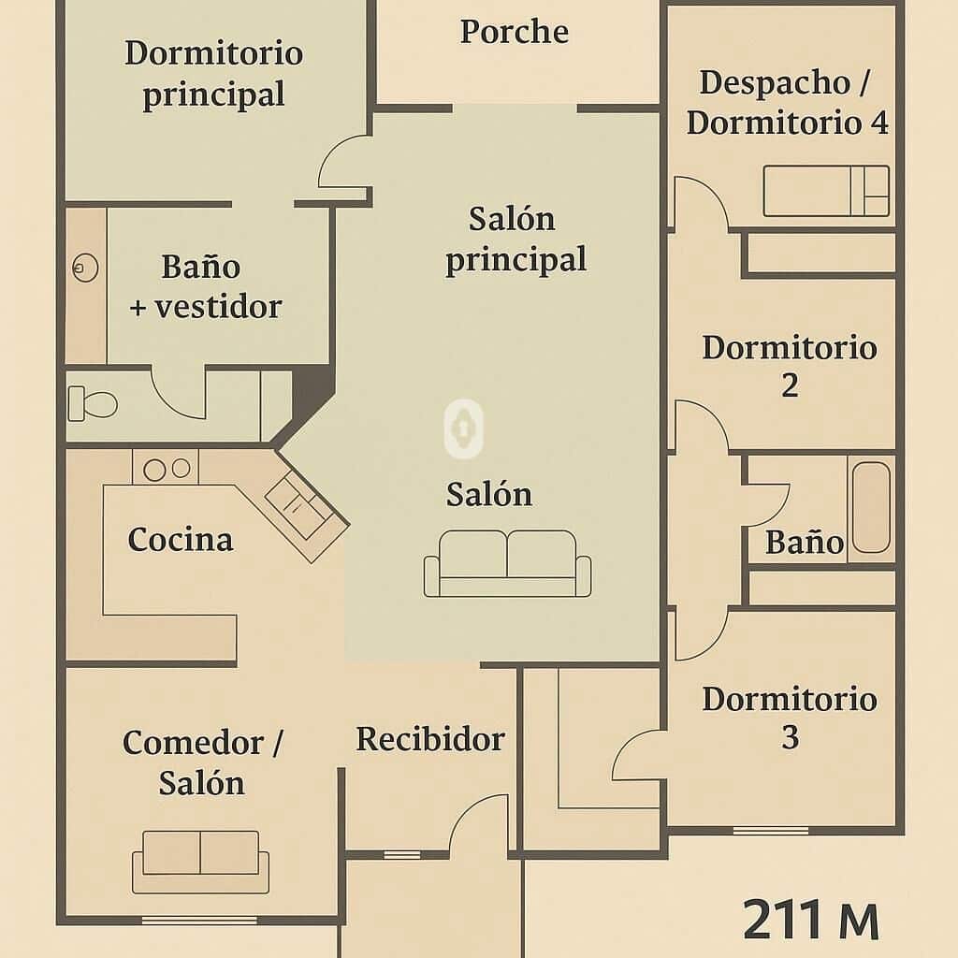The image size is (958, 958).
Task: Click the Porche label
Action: [514, 32]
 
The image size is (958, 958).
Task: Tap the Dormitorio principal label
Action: [213, 73]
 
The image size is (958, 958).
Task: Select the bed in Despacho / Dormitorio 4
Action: [825, 191]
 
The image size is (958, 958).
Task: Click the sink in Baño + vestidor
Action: [85, 269]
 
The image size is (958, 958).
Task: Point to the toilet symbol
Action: [92, 404]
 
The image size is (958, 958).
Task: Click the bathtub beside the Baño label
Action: [871, 507]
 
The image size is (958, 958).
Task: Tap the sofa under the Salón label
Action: [507, 563]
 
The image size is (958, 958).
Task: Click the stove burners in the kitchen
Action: [167, 468]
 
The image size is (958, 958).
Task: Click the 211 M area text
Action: [810, 919]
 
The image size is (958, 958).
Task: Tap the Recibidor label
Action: [429, 739]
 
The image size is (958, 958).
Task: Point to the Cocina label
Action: [180, 539]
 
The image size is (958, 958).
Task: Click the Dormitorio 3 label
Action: [789, 718]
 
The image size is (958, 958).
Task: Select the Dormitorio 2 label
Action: [789, 366]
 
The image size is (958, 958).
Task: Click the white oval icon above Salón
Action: [463, 428]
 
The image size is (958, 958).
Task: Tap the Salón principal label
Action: [515, 239]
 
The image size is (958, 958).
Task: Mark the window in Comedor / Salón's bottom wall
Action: [198, 920]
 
